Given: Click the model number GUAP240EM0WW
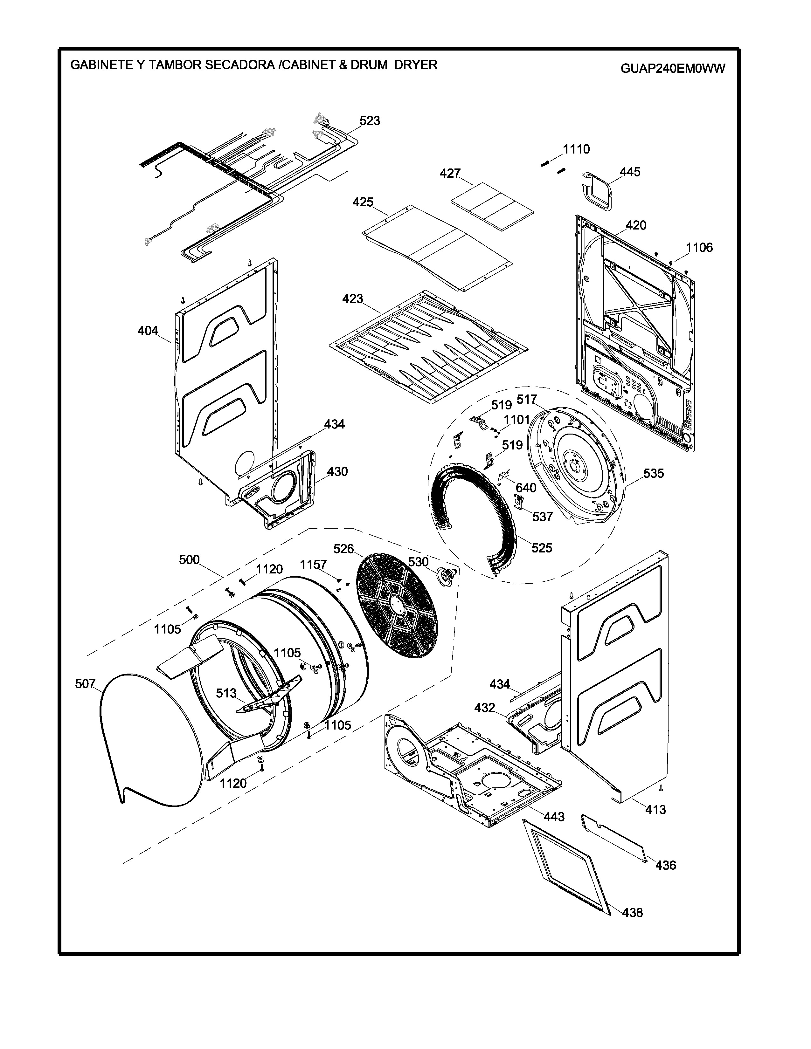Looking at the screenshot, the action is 673,69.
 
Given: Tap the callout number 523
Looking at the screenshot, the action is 370,121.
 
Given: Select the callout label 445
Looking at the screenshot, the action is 630,172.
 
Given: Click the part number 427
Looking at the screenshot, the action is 450,173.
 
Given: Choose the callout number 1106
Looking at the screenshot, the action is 699,248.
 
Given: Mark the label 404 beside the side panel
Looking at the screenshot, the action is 148,331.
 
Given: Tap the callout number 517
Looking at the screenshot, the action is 527,400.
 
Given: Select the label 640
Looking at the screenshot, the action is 526,488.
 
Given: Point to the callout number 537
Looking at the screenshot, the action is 543,517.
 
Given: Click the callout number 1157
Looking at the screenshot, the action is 313,565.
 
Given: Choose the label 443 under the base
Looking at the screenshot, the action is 554,817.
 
